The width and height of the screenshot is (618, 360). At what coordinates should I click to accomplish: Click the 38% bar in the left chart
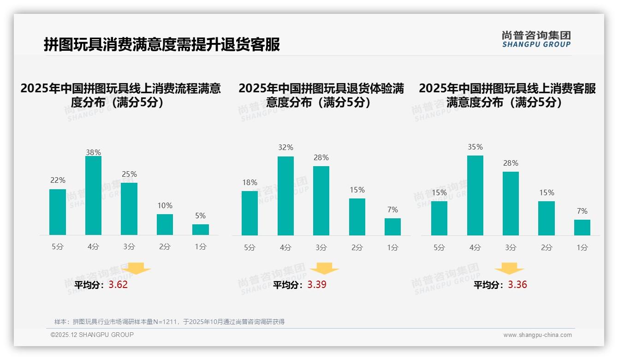(93, 196)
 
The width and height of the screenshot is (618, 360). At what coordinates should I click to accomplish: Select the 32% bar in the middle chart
(285, 196)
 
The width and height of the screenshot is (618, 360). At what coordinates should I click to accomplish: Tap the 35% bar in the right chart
(475, 196)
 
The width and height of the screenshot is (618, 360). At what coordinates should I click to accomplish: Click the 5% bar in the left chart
(201, 230)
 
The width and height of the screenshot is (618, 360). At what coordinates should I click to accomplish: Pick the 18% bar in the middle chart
(250, 213)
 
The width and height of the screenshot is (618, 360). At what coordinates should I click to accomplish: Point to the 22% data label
(58, 180)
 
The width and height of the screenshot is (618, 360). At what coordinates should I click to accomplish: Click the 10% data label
(165, 205)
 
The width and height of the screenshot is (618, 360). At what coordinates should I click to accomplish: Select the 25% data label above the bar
(129, 174)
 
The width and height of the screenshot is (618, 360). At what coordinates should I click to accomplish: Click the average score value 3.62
(118, 285)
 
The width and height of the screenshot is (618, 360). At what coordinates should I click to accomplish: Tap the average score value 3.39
(317, 285)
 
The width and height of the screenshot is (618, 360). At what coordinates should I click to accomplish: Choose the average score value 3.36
(517, 285)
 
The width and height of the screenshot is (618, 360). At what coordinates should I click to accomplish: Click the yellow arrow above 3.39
(324, 269)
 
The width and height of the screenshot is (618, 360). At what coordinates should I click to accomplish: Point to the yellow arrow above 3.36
(509, 269)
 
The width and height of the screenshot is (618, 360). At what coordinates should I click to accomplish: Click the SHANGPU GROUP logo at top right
(536, 39)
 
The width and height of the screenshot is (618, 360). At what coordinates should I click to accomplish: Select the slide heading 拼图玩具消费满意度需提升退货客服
(162, 45)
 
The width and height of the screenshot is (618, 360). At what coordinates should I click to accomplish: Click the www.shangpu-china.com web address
(537, 335)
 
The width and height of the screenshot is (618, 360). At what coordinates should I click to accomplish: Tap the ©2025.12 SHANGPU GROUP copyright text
(92, 335)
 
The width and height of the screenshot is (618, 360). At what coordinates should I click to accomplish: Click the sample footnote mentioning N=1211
(169, 322)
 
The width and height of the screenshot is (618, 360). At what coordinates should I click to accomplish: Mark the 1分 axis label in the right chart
(582, 248)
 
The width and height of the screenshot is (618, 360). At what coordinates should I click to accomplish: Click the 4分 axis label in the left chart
(93, 247)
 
